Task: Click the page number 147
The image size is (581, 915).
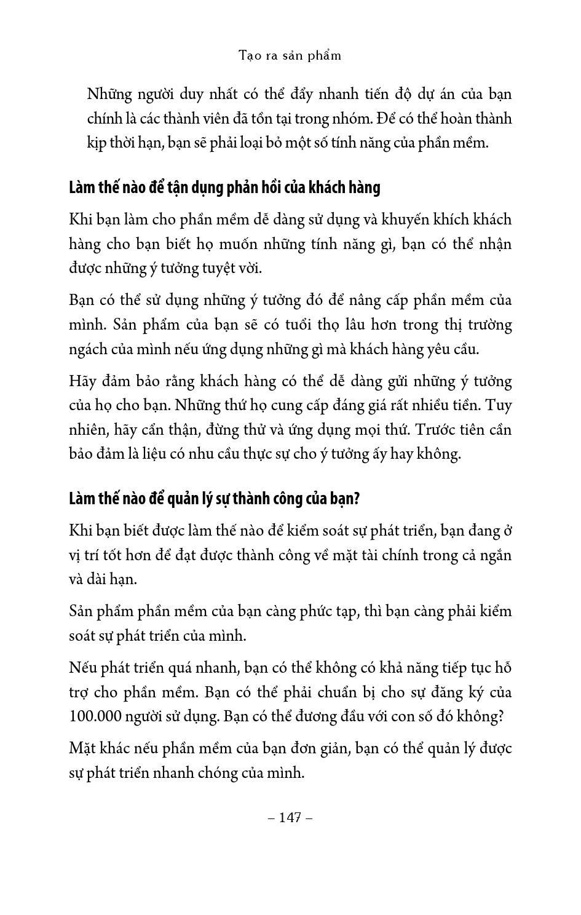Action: (x=290, y=817)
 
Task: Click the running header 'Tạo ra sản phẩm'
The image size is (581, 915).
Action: (x=290, y=55)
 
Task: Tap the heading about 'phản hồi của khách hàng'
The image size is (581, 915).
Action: (x=224, y=187)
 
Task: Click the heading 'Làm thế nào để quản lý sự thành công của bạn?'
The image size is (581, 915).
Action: (x=214, y=498)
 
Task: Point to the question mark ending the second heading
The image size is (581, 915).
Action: (x=356, y=498)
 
